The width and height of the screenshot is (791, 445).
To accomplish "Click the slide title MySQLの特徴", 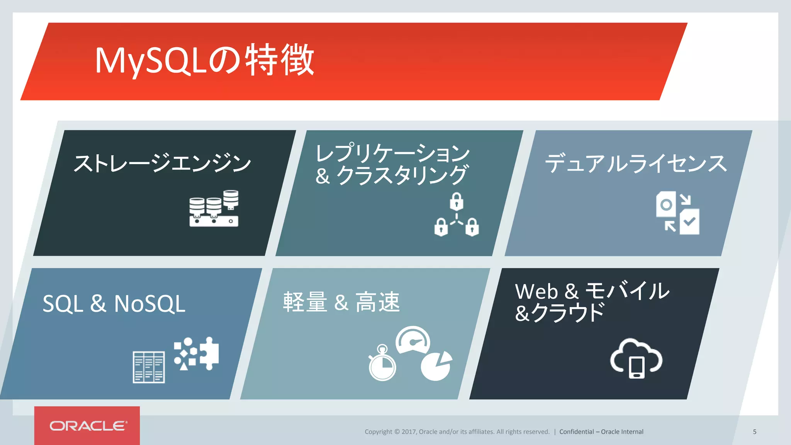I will (205, 60).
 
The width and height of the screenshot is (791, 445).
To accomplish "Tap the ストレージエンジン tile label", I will (162, 163).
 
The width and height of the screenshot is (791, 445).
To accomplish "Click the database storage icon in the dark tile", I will (214, 208).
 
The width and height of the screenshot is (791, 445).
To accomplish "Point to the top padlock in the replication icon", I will (456, 201).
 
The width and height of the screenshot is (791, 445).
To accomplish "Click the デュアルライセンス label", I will (635, 163).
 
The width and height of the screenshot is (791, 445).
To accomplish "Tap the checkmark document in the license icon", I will (689, 222).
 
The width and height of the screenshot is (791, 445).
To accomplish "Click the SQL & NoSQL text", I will (114, 304).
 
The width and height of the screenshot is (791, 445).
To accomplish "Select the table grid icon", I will (149, 367).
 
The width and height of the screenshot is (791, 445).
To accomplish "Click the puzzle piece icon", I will (209, 353).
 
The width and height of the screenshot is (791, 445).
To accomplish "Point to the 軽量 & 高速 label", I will (341, 302).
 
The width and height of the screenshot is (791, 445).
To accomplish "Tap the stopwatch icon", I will (382, 364).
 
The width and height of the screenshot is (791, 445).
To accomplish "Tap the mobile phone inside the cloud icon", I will (637, 367).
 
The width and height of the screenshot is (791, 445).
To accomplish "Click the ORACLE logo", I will (88, 426).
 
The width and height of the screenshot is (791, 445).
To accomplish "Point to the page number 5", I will (754, 432).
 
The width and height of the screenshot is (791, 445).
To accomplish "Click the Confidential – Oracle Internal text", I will (601, 432).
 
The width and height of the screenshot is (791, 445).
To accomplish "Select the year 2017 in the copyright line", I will (408, 432).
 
